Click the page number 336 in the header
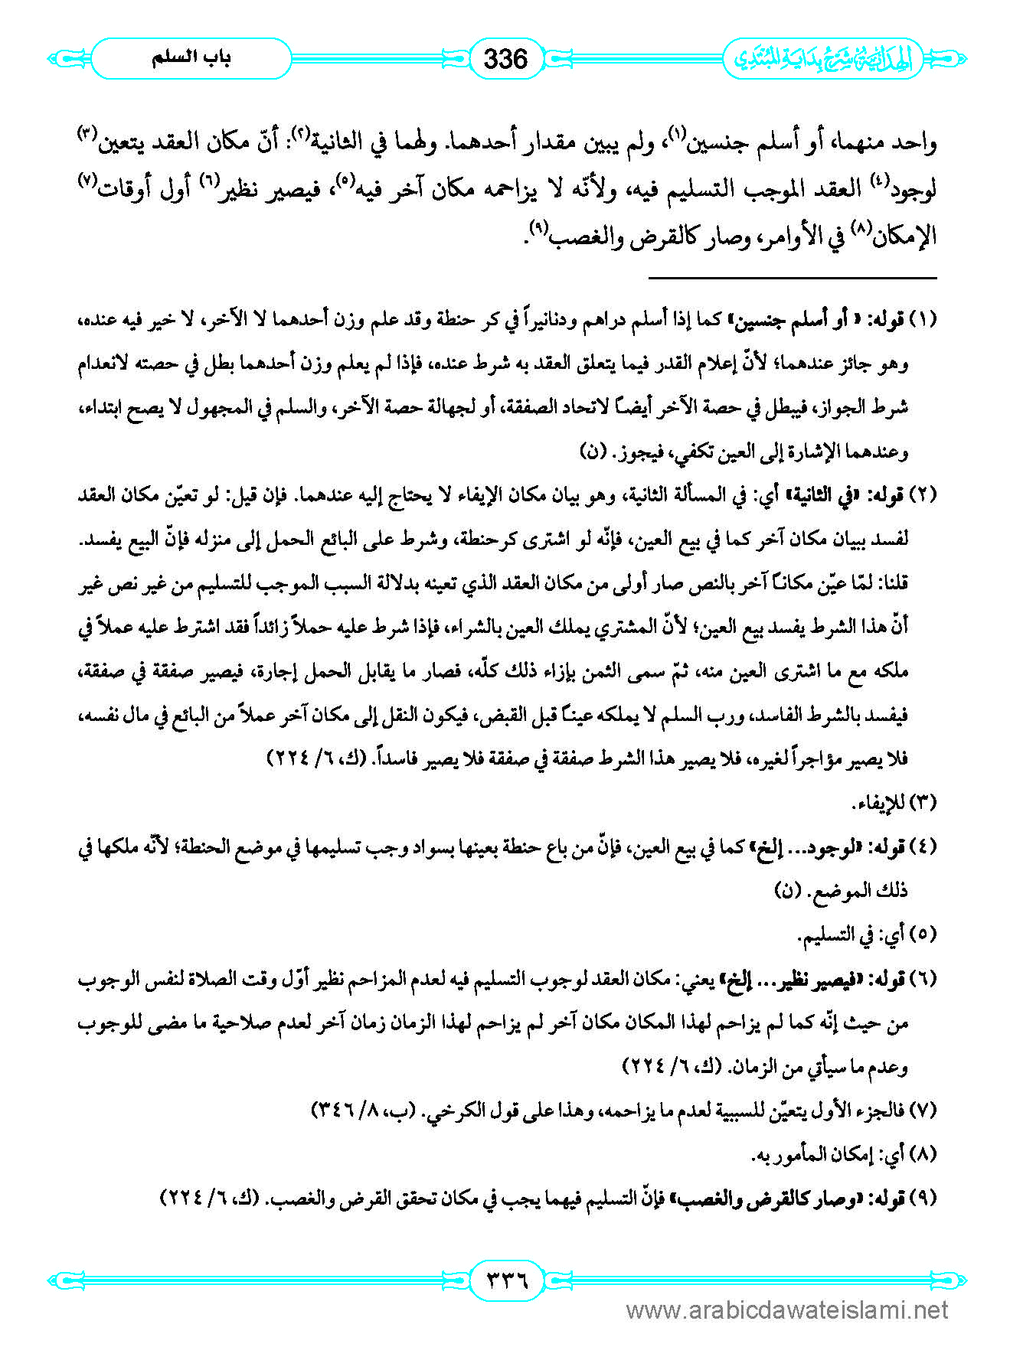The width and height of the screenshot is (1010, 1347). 506,59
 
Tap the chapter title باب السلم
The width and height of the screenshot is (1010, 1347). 191,58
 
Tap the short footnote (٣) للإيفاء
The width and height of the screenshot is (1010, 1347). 894,803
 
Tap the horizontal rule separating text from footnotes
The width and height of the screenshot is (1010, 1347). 793,277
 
